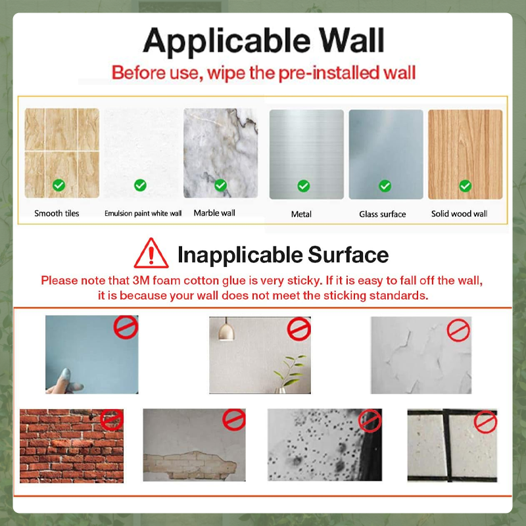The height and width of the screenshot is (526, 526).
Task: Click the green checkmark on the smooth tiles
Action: (x=59, y=186)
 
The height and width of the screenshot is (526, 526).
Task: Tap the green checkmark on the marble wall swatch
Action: (x=221, y=185)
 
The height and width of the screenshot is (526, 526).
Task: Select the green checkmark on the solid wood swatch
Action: (x=466, y=186)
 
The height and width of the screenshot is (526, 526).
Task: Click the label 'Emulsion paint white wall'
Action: (x=143, y=214)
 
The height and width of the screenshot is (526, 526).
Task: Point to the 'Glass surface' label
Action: (x=383, y=214)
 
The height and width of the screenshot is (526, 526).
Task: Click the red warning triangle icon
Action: (x=151, y=254)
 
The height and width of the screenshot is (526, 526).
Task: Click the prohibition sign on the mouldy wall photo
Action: (x=370, y=420)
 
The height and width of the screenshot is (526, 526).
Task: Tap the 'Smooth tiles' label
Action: (x=57, y=214)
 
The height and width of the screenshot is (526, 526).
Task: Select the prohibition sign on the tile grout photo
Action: (x=485, y=421)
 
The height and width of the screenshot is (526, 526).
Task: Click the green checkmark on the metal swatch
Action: (x=303, y=186)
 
